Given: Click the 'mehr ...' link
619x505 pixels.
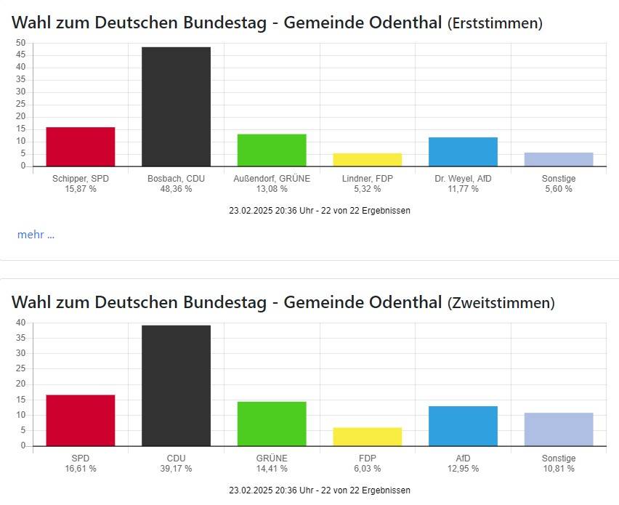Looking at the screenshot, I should [36, 234].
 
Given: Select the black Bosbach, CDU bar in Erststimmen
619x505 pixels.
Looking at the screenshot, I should [176, 106].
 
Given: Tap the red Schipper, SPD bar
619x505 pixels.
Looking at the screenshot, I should [80, 147].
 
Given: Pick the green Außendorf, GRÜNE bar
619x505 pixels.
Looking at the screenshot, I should [271, 150].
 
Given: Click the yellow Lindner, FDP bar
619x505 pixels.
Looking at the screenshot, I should [367, 159].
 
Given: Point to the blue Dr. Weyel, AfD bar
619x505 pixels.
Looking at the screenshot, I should [463, 151].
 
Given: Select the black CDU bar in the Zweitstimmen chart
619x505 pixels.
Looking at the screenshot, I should [176, 385].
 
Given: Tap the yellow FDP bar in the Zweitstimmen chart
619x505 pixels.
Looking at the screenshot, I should [367, 436].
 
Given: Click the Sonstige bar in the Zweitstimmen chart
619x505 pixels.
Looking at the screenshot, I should [558, 429].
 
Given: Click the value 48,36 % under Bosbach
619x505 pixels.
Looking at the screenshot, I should [176, 189].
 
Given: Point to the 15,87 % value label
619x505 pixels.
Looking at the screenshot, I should [80, 189].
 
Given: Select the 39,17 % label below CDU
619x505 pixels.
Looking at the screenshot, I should [176, 469].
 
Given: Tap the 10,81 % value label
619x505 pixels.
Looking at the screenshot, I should [558, 469].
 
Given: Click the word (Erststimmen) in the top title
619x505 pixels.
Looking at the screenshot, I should [494, 23].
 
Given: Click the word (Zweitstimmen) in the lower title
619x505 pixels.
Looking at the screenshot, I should [501, 302].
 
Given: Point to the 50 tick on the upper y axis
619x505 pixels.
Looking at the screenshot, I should [21, 43].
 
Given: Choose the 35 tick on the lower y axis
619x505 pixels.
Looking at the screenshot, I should [21, 338].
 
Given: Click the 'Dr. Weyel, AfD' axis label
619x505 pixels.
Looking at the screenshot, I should [463, 179].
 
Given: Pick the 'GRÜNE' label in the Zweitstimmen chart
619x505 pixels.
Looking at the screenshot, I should [271, 458].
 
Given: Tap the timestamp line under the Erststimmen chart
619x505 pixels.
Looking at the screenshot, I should [320, 211].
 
